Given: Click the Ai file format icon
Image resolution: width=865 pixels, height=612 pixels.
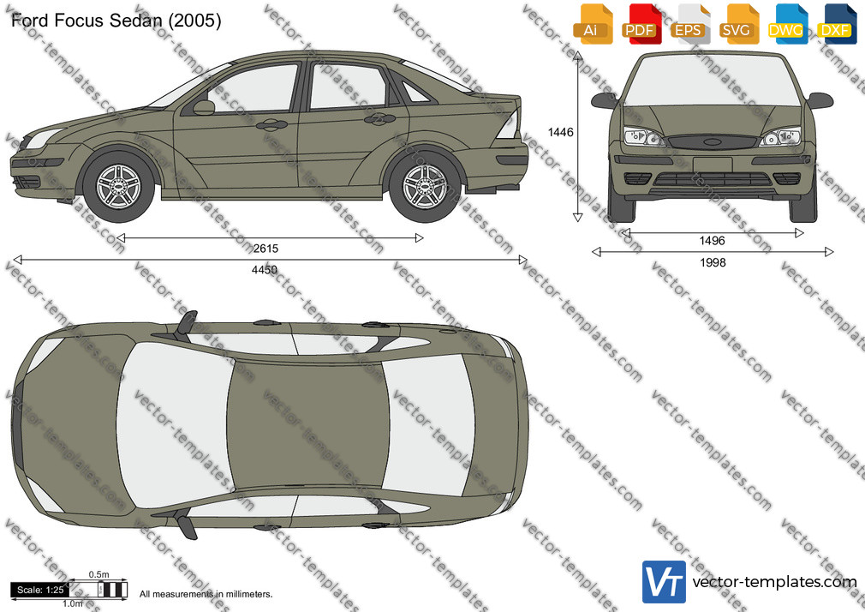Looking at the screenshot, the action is pos(593,24).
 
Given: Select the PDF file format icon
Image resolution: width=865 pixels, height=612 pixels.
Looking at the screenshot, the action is pos(641,24).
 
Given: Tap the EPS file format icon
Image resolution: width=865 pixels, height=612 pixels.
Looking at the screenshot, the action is pos(690,24).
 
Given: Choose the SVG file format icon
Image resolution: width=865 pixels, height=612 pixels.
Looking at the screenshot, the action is pos(738,24).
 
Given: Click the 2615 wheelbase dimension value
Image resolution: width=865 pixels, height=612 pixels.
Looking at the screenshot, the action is pos(265,249).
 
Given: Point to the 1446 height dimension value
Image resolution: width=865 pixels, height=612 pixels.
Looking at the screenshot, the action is pos(560,132).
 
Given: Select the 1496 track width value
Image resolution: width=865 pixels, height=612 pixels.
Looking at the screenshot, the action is pos(713,240).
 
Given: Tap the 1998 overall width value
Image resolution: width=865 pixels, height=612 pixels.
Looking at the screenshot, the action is pos(713,262).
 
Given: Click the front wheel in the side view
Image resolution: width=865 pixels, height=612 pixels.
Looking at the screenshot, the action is pos(118,187).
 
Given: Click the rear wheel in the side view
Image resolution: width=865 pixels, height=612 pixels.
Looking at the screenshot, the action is pos(425,187).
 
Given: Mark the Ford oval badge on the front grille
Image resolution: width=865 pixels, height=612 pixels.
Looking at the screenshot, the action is pos(713,142).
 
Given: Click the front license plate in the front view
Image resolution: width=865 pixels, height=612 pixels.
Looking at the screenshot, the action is pos(713,164).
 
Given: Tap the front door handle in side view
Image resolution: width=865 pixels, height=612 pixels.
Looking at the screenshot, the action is pos(271,125).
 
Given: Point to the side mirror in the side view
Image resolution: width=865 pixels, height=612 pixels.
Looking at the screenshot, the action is pos(203,107).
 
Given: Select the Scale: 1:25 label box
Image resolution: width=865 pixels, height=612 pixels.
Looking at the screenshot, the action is pos(40,590).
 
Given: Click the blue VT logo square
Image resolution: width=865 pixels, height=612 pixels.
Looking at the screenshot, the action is pos(665,582).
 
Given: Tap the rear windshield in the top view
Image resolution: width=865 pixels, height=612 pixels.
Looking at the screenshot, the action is pos(428,425).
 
